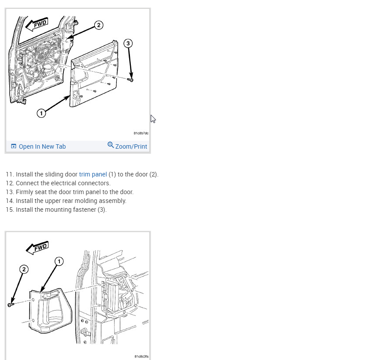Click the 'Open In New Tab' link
[42, 146]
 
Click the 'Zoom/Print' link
[131, 146]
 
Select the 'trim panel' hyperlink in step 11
[93, 174]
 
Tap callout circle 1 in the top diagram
[41, 113]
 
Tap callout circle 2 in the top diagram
[99, 25]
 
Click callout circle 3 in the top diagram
[128, 43]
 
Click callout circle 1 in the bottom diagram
[59, 262]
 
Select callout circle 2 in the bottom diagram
[24, 269]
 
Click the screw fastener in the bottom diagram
[11, 304]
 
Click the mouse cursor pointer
[153, 119]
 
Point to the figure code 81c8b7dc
[141, 133]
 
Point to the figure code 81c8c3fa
[141, 356]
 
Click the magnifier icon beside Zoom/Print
[111, 145]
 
